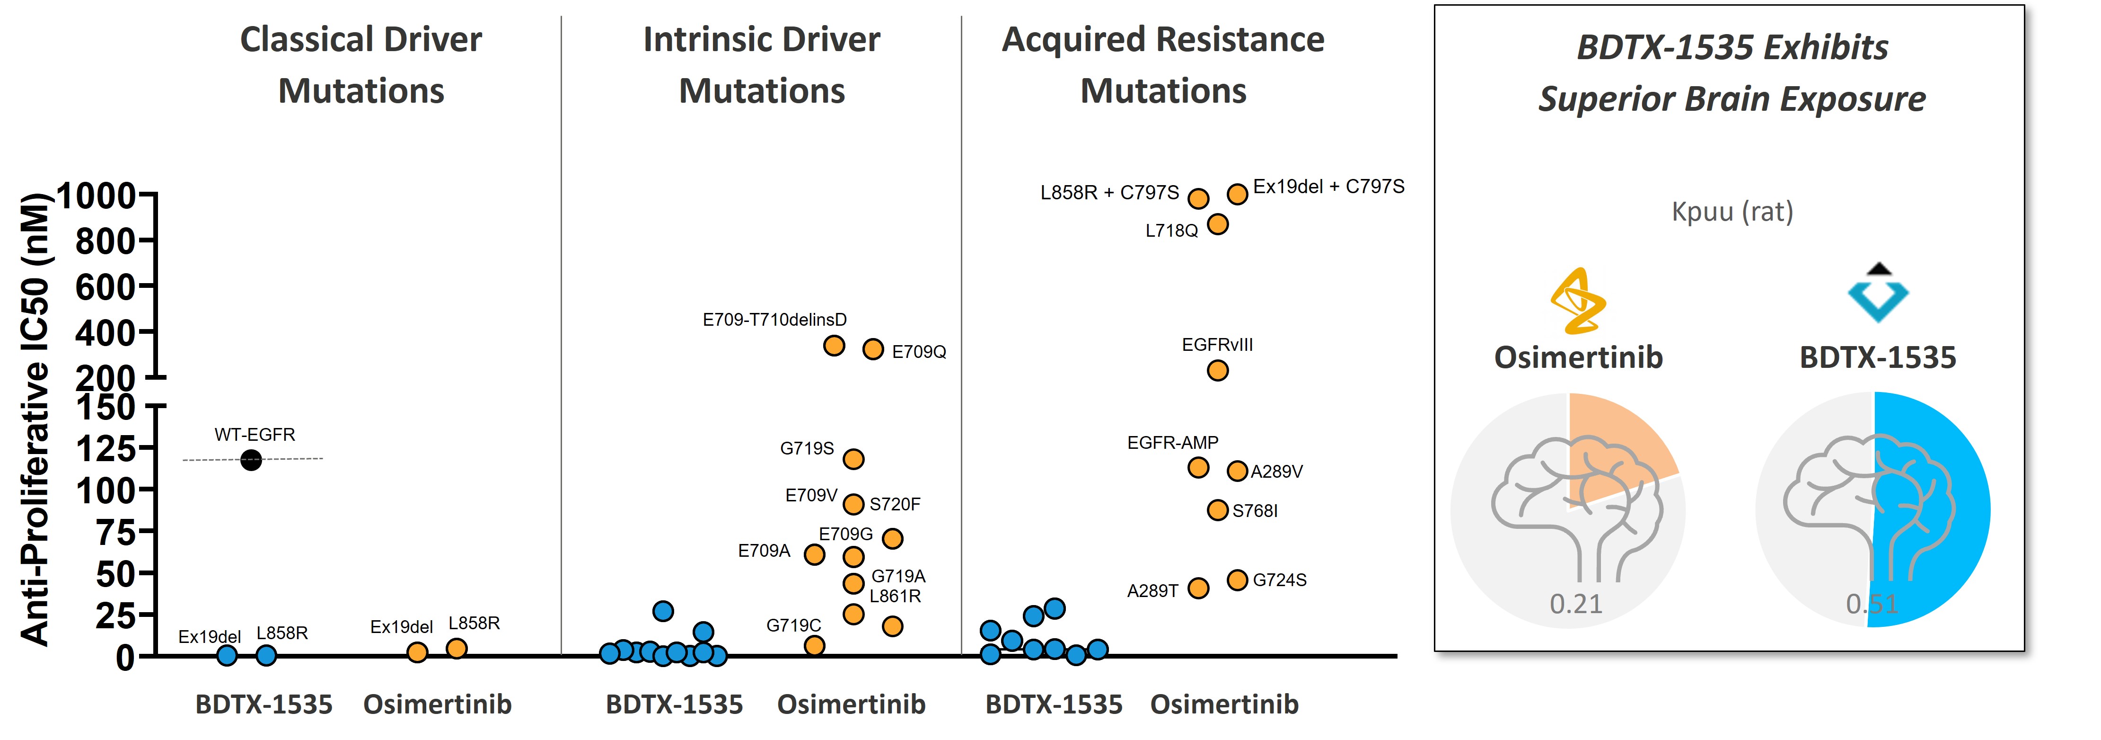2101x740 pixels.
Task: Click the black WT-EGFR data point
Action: (x=251, y=460)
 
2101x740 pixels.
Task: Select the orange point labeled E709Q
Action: (x=873, y=349)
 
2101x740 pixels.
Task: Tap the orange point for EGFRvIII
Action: (x=1217, y=370)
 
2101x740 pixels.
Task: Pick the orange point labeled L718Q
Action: (x=1217, y=223)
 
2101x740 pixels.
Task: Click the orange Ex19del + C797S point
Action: (x=1237, y=193)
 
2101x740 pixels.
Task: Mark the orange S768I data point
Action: (x=1217, y=510)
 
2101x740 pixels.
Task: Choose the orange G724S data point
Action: (x=1237, y=580)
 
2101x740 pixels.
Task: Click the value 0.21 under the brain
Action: (x=1576, y=604)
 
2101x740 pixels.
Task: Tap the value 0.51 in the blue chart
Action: (x=1872, y=604)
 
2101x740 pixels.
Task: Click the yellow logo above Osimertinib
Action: (x=1578, y=300)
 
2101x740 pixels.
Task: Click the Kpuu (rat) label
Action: (x=1732, y=211)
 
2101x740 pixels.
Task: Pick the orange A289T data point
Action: (x=1198, y=588)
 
